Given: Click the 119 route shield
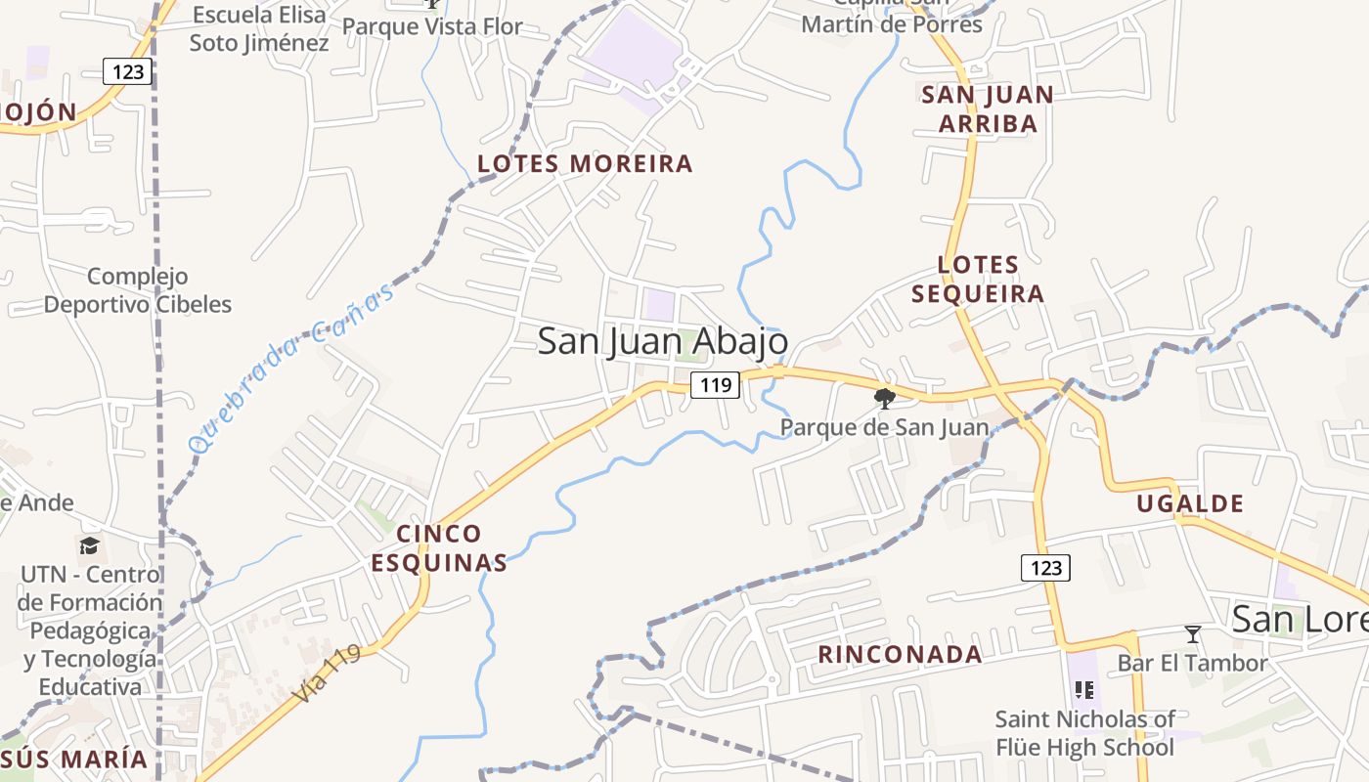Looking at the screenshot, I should [716, 385].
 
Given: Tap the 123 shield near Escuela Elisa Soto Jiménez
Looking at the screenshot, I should [127, 71].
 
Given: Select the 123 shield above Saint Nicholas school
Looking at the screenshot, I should [1045, 568].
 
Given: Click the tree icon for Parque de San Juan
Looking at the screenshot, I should [884, 398].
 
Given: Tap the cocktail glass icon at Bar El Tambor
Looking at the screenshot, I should [1192, 634].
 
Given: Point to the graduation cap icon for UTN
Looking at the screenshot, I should [90, 545].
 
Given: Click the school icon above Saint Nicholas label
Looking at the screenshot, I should [1083, 691].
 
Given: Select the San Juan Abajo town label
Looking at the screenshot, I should [663, 341].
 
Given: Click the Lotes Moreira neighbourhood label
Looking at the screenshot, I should [585, 163].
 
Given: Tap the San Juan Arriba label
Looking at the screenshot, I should [988, 109].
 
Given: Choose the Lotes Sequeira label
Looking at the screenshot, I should [978, 279].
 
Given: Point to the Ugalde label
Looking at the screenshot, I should [1190, 504].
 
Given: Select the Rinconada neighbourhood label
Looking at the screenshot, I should [900, 655].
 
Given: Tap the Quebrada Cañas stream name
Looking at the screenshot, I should [293, 366].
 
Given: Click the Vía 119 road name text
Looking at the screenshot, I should [327, 673].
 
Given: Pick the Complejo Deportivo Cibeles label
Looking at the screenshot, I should [138, 290].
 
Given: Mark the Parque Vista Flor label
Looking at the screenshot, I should [432, 26].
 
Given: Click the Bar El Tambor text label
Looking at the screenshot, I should [1192, 663].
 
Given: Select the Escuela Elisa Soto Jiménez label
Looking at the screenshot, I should [259, 28].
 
